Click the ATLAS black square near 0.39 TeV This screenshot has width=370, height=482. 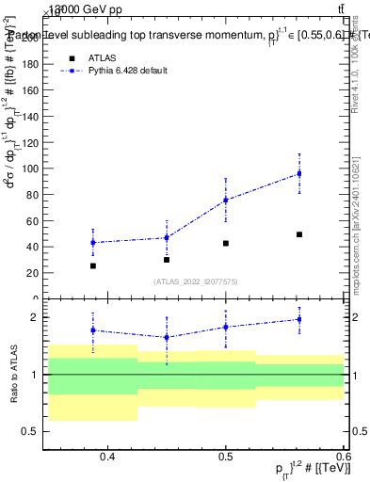coord(92,265)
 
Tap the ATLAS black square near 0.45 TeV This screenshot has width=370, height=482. coord(167,259)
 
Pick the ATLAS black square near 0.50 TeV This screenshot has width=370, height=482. coord(226,243)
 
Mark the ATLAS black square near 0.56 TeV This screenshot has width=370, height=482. coord(299,234)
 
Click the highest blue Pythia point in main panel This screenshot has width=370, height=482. coord(299,173)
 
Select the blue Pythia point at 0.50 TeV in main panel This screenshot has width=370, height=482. coord(226,200)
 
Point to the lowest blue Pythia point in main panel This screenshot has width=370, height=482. coord(92,242)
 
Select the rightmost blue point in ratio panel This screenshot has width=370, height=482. coord(299,319)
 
